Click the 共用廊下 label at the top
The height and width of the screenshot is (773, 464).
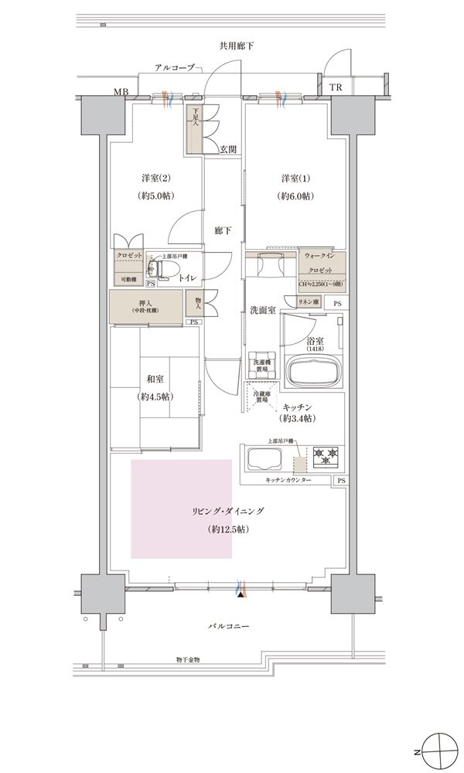[237, 46]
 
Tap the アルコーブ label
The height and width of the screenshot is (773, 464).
[174, 69]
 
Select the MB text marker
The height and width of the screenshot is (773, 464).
[121, 92]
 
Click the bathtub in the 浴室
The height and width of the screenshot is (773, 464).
[313, 373]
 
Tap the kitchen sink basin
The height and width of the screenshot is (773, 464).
[264, 461]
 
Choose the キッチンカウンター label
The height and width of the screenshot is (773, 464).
[288, 480]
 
